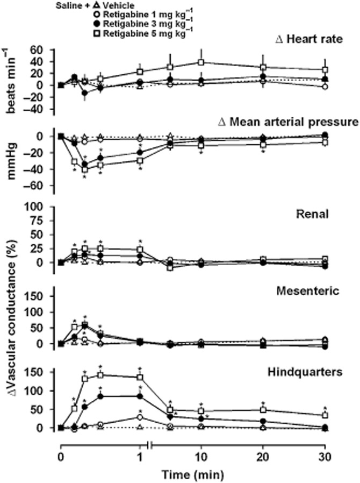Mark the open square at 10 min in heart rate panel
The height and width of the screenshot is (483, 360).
coord(201,62)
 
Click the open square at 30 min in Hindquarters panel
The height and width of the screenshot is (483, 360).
coord(325,416)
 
